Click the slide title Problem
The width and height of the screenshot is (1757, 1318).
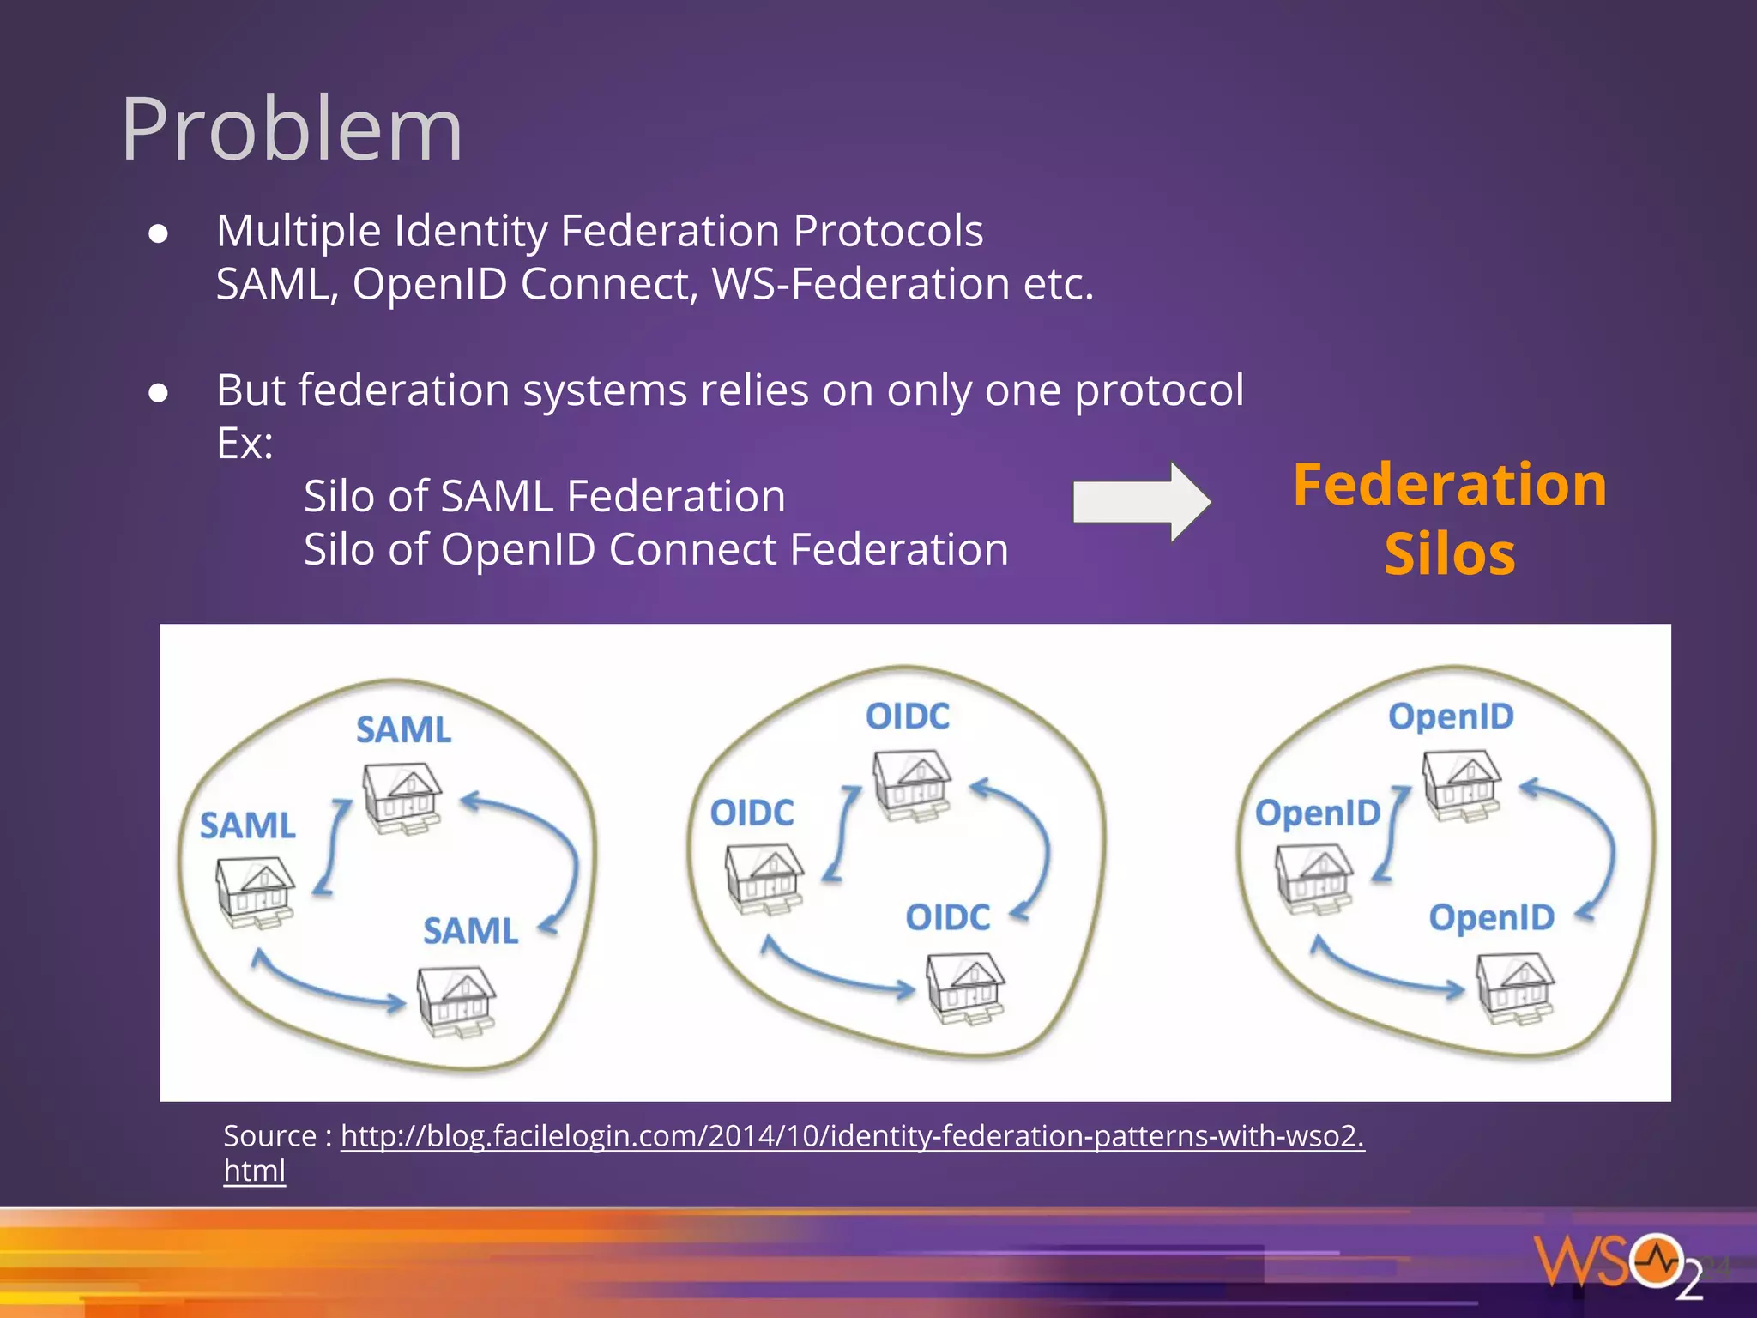tap(292, 130)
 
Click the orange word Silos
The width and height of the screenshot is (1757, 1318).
tap(1449, 554)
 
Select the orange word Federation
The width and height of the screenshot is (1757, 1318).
tap(1449, 485)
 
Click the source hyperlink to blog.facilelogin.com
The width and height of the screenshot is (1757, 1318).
tap(851, 1136)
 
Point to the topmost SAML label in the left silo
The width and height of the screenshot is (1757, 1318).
tap(403, 730)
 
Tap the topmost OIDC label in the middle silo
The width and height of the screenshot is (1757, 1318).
tap(907, 716)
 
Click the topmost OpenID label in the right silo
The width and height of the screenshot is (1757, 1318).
tap(1451, 716)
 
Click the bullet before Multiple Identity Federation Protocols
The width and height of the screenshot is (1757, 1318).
tap(158, 233)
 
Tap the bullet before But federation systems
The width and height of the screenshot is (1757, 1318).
tap(158, 393)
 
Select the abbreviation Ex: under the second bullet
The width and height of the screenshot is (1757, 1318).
tap(245, 444)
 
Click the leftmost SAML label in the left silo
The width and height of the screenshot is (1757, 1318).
tap(247, 826)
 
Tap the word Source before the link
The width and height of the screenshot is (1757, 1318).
tap(269, 1136)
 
